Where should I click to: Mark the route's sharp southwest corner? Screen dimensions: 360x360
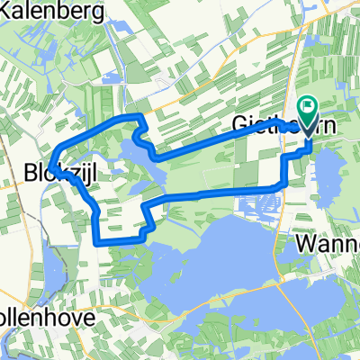coord(97,241)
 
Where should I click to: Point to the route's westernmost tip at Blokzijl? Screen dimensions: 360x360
coord(53,165)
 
